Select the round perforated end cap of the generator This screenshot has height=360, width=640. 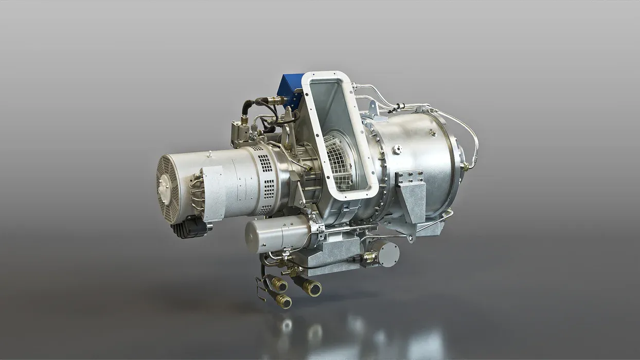point(168,188)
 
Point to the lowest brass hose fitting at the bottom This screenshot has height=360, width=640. point(282,301)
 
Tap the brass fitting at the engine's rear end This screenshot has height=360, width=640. point(465,166)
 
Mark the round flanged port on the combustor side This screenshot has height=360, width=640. point(397,150)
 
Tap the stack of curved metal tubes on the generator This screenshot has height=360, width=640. point(197,193)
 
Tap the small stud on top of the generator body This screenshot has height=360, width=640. point(210,154)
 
